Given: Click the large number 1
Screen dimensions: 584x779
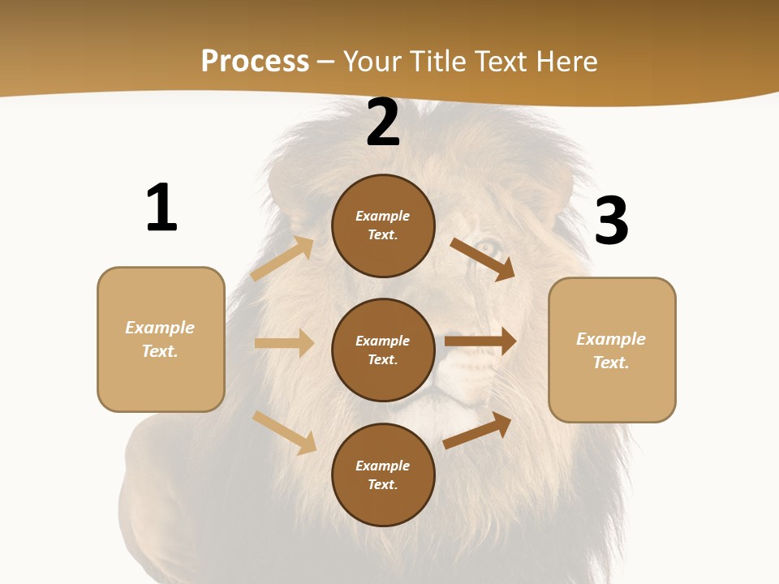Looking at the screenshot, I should click(x=161, y=208).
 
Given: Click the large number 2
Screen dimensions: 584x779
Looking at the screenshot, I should click(x=383, y=122).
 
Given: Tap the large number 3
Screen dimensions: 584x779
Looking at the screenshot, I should click(x=611, y=221).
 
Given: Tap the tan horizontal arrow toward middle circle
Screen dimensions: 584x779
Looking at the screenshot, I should click(x=284, y=343).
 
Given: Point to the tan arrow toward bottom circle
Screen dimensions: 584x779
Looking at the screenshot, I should click(x=285, y=432).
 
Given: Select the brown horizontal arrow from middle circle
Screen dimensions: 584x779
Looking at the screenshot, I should click(x=480, y=341).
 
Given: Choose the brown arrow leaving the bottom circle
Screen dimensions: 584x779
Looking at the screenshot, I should click(x=478, y=430).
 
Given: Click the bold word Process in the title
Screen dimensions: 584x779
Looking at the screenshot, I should click(x=255, y=61).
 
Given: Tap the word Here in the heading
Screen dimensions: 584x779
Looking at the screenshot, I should click(x=566, y=61).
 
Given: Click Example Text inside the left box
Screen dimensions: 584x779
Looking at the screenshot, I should click(x=160, y=339).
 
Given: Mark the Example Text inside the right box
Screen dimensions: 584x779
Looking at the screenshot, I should click(x=611, y=350).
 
